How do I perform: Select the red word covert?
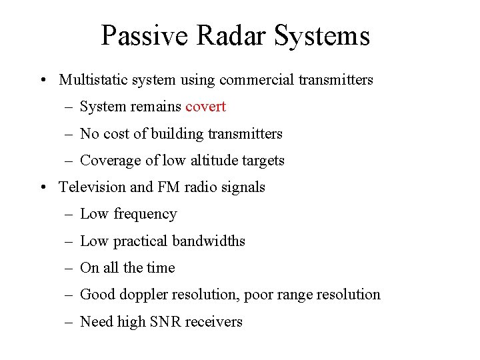click(205, 107)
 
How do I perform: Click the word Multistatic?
click(91, 80)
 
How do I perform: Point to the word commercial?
click(250, 80)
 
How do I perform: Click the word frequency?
click(145, 214)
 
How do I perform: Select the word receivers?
click(213, 322)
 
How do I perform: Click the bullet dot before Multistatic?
click(43, 81)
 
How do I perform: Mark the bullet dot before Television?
click(43, 188)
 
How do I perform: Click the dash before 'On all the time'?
click(69, 268)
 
